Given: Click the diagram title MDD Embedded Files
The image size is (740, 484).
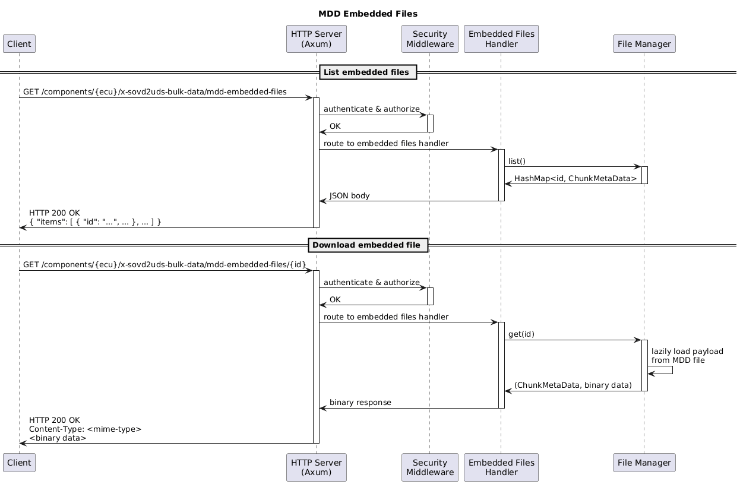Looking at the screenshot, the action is (x=368, y=14).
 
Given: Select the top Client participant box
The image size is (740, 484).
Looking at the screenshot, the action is (x=19, y=43).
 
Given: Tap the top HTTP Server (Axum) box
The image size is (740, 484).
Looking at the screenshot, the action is (x=316, y=39).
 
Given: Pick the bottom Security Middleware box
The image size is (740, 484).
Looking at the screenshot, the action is (x=430, y=467).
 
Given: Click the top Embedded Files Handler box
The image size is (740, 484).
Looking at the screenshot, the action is (x=501, y=39).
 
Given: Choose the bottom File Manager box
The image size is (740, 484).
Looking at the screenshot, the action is (x=644, y=463).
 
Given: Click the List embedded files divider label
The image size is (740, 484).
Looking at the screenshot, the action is (x=368, y=72).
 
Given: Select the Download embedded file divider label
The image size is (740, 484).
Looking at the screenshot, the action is (x=368, y=245).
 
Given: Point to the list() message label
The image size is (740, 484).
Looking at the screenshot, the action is (x=517, y=161).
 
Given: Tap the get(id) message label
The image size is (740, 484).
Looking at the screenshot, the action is (x=521, y=334).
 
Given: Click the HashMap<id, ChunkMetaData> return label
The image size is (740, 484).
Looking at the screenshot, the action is (x=575, y=179).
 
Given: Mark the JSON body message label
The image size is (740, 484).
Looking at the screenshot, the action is (x=350, y=196).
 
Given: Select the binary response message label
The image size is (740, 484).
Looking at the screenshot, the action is (x=360, y=403).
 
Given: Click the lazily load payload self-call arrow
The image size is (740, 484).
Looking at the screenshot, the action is (x=672, y=370).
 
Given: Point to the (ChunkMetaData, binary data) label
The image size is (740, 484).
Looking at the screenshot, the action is (x=573, y=385).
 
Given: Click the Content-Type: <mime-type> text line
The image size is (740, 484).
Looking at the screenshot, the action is (x=86, y=429).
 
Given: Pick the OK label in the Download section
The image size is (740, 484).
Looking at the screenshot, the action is (x=335, y=300).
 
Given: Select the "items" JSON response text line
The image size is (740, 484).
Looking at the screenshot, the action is (x=95, y=222).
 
